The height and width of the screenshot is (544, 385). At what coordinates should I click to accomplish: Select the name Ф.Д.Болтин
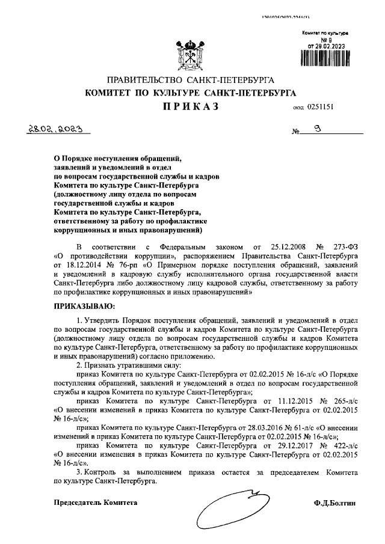tap(334, 503)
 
